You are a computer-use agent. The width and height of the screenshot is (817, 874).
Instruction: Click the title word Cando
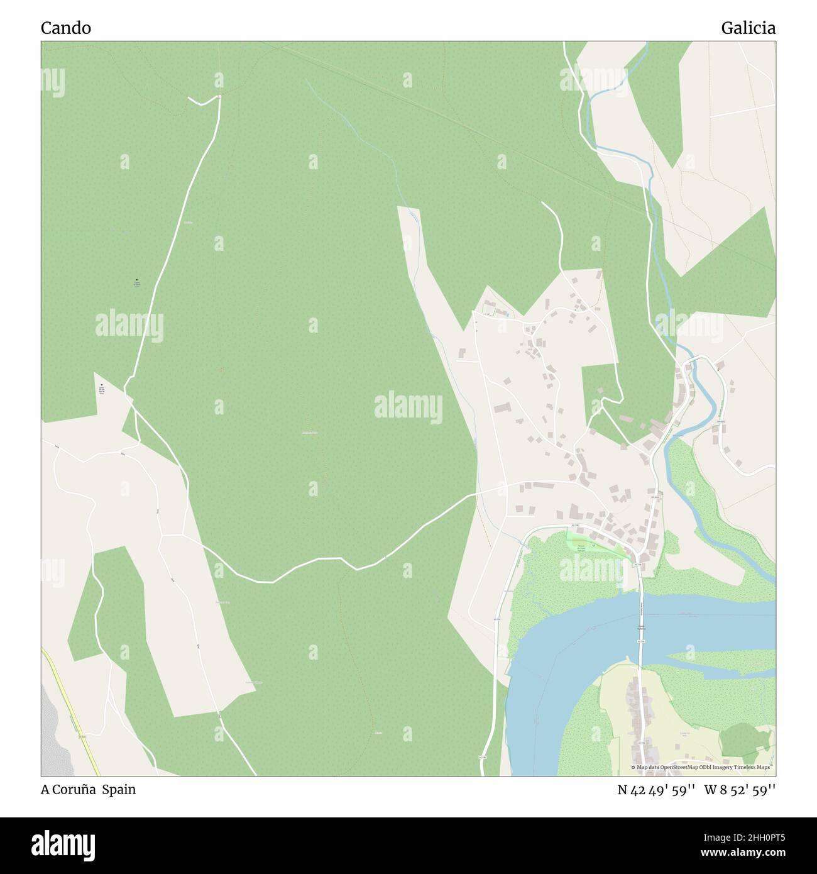(x=66, y=28)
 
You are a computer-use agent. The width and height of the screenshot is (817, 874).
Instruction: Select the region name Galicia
(x=748, y=28)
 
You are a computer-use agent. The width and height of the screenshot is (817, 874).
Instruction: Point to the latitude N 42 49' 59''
(x=656, y=790)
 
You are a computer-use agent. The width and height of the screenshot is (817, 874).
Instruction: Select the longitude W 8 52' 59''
(x=740, y=790)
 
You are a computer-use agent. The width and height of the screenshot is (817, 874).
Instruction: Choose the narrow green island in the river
(x=716, y=660)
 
